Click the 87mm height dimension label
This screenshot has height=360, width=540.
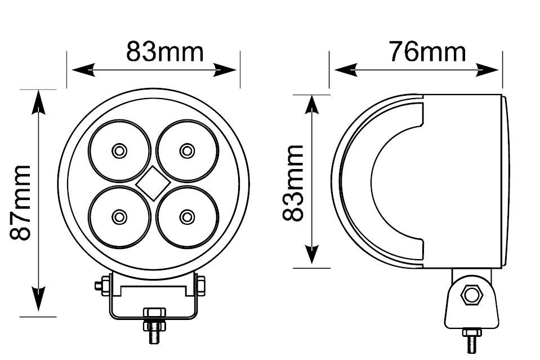coord(20,203)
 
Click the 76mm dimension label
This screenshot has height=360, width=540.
coord(427,52)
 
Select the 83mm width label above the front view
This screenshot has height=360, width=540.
coord(164,52)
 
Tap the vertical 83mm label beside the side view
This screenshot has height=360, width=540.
coord(293,183)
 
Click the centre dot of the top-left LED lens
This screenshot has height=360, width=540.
coord(119,150)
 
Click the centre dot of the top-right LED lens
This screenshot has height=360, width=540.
coord(187,150)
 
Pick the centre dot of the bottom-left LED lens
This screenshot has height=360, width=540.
coord(119,217)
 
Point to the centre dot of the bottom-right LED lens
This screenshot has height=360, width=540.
coord(187,217)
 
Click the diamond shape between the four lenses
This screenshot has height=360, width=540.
coord(153,183)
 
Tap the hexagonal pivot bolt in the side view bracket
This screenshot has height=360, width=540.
coord(471,295)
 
